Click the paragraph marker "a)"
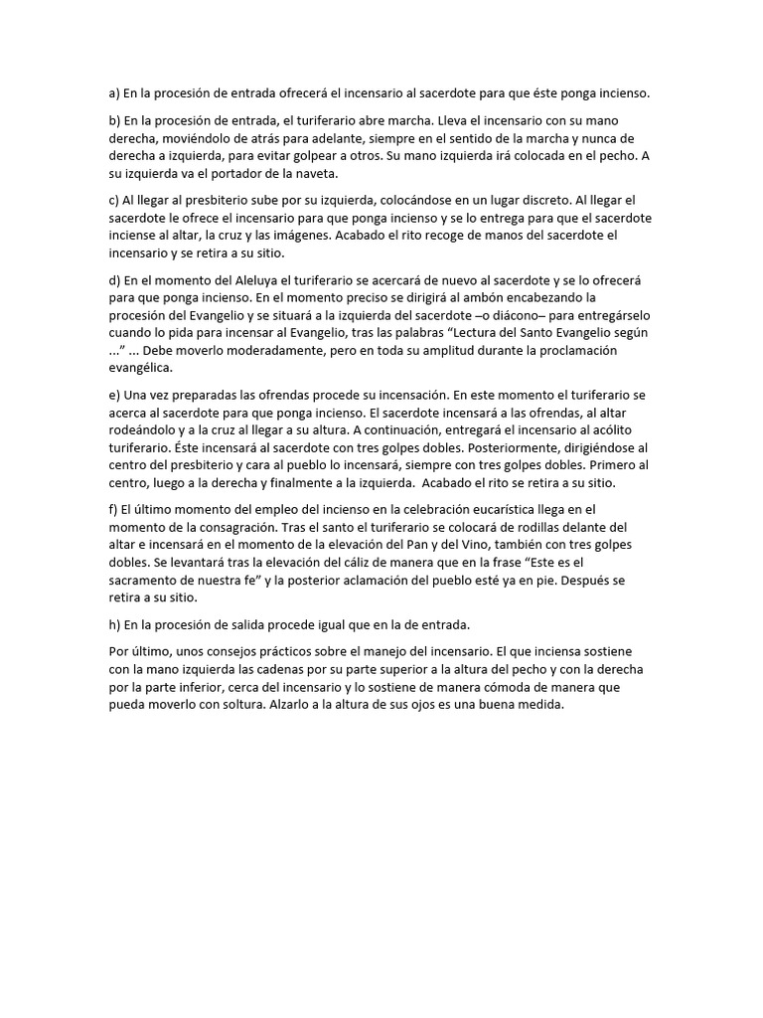[x=114, y=93]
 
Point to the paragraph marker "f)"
[x=113, y=509]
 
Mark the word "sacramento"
[x=146, y=581]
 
